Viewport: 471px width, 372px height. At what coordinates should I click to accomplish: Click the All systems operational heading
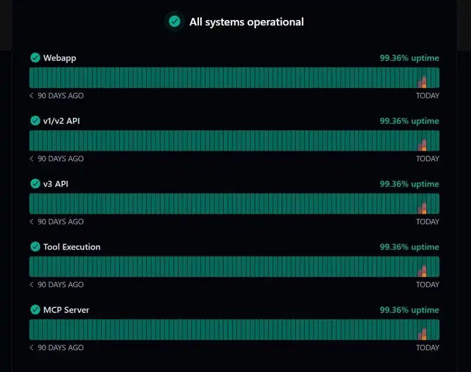(246, 22)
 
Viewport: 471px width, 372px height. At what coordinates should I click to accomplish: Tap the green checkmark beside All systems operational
(174, 22)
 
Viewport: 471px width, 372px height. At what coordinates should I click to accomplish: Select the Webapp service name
(59, 58)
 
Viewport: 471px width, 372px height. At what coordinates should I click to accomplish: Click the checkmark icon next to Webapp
(35, 58)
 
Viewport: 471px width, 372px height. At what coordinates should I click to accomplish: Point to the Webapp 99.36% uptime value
(409, 58)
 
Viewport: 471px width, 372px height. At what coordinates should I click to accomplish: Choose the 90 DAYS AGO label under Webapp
(60, 95)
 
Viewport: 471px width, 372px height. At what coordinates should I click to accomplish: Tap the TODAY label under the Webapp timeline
(427, 95)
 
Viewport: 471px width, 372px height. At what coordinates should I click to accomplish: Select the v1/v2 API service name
(61, 121)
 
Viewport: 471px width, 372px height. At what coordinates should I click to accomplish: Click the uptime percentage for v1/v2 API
(409, 121)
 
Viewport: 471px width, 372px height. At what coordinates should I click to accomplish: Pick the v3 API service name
(55, 184)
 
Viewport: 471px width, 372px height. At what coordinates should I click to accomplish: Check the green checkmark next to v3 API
(35, 184)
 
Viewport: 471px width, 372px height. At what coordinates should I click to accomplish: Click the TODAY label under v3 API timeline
(427, 221)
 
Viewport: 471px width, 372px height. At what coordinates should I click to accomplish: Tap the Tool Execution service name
(72, 247)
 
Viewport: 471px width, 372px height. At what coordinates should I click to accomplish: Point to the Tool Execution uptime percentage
(409, 247)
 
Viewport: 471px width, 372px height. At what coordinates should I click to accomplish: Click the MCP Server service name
(66, 310)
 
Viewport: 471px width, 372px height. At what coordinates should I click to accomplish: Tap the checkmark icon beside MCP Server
(35, 310)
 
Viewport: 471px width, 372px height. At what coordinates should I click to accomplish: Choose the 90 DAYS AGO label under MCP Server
(60, 347)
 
